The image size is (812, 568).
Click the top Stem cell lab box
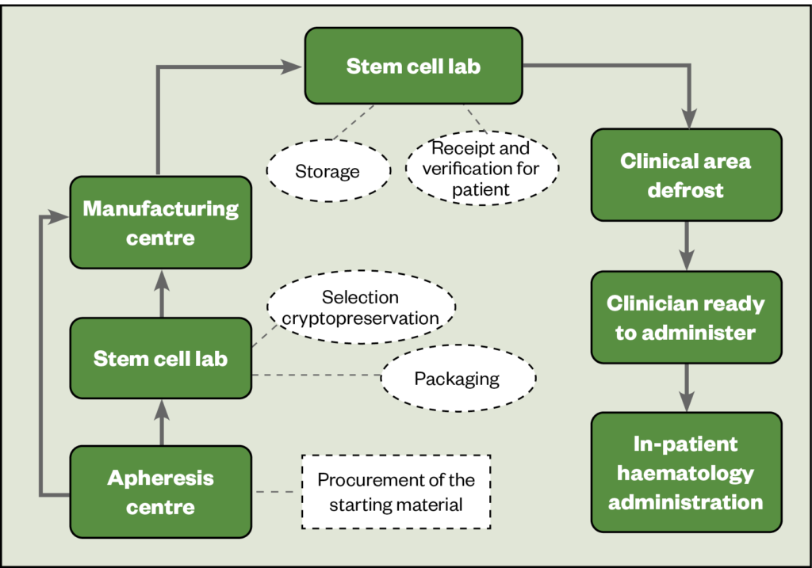click(413, 66)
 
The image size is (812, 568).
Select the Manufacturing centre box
click(161, 223)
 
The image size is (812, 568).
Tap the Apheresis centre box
click(161, 492)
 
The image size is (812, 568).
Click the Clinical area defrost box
click(686, 175)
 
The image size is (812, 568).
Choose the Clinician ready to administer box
click(686, 318)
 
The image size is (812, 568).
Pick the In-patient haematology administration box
click(686, 472)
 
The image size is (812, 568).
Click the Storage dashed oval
click(327, 171)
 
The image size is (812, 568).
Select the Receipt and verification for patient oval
click(482, 169)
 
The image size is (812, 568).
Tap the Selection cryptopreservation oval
click(361, 308)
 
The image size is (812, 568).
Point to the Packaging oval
click(458, 378)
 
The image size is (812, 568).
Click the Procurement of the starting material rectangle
click(396, 492)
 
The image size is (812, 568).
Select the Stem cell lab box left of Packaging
click(161, 358)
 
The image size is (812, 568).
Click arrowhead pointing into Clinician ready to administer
click(686, 261)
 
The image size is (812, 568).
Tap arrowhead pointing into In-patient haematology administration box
click(686, 402)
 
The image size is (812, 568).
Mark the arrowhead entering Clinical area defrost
click(686, 119)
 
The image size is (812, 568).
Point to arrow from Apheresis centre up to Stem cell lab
click(161, 421)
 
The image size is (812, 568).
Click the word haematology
click(686, 473)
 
